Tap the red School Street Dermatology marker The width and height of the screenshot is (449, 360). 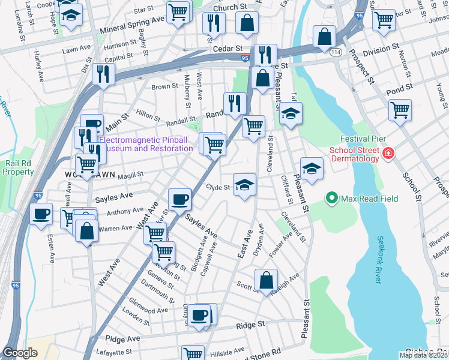coord(388,154)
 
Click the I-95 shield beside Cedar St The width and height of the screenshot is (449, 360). coord(246,58)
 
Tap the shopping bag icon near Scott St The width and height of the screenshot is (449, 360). coord(266,280)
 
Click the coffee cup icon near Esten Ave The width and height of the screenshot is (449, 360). coord(41,214)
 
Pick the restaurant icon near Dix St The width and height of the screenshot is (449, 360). coord(103,74)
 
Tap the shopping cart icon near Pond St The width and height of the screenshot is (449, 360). coord(399,110)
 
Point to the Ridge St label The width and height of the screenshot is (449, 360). coord(250,324)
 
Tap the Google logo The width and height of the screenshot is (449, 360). coord(20,353)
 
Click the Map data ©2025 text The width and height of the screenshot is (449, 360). coord(423,355)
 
